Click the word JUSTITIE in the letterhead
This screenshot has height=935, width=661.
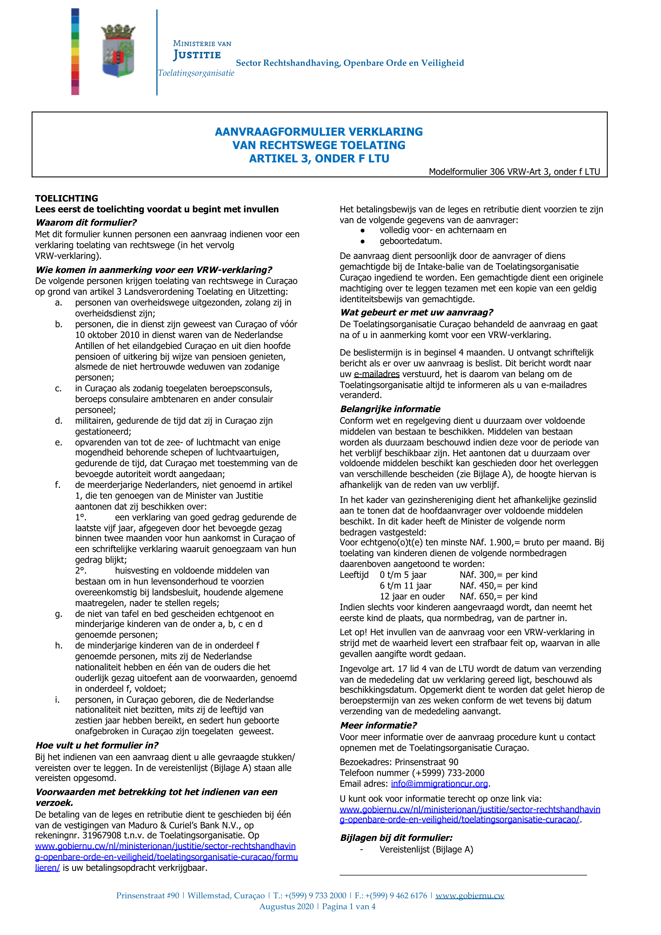197,55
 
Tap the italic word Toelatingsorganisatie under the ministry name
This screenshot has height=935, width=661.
196,73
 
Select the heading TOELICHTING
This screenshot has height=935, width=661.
66,198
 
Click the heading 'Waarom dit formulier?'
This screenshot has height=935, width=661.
86,222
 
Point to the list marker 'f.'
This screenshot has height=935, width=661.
58,485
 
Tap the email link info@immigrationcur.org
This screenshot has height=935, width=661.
439,784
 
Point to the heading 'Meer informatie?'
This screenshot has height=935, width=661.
378,725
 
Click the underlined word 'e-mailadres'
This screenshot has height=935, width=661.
376,374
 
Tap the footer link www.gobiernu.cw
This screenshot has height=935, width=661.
470,896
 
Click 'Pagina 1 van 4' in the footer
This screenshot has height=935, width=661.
349,907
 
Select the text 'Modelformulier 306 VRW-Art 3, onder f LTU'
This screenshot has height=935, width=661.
514,172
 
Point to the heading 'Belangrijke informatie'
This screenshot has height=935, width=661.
390,409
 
